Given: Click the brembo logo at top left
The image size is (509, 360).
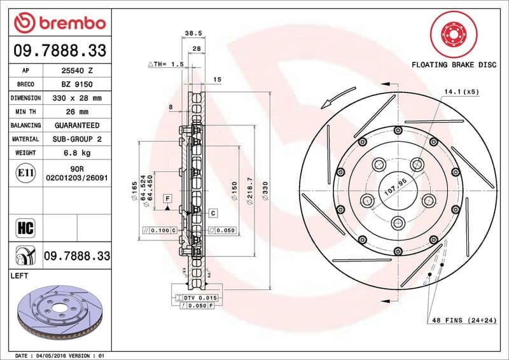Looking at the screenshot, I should [x=59, y=23].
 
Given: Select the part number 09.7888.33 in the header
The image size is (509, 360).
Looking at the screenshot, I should [x=59, y=50].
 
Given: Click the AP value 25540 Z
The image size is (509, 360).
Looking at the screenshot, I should [x=77, y=71].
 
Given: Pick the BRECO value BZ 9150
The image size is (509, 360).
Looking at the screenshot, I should [x=77, y=85].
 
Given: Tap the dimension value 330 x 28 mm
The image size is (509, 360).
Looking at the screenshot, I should [x=77, y=99].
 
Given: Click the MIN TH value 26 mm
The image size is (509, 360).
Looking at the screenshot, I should [x=77, y=112].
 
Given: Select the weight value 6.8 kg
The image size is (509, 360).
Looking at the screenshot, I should [x=77, y=153].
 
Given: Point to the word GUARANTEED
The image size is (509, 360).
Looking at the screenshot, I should [x=77, y=125].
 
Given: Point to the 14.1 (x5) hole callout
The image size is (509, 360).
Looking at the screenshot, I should [x=462, y=92].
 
